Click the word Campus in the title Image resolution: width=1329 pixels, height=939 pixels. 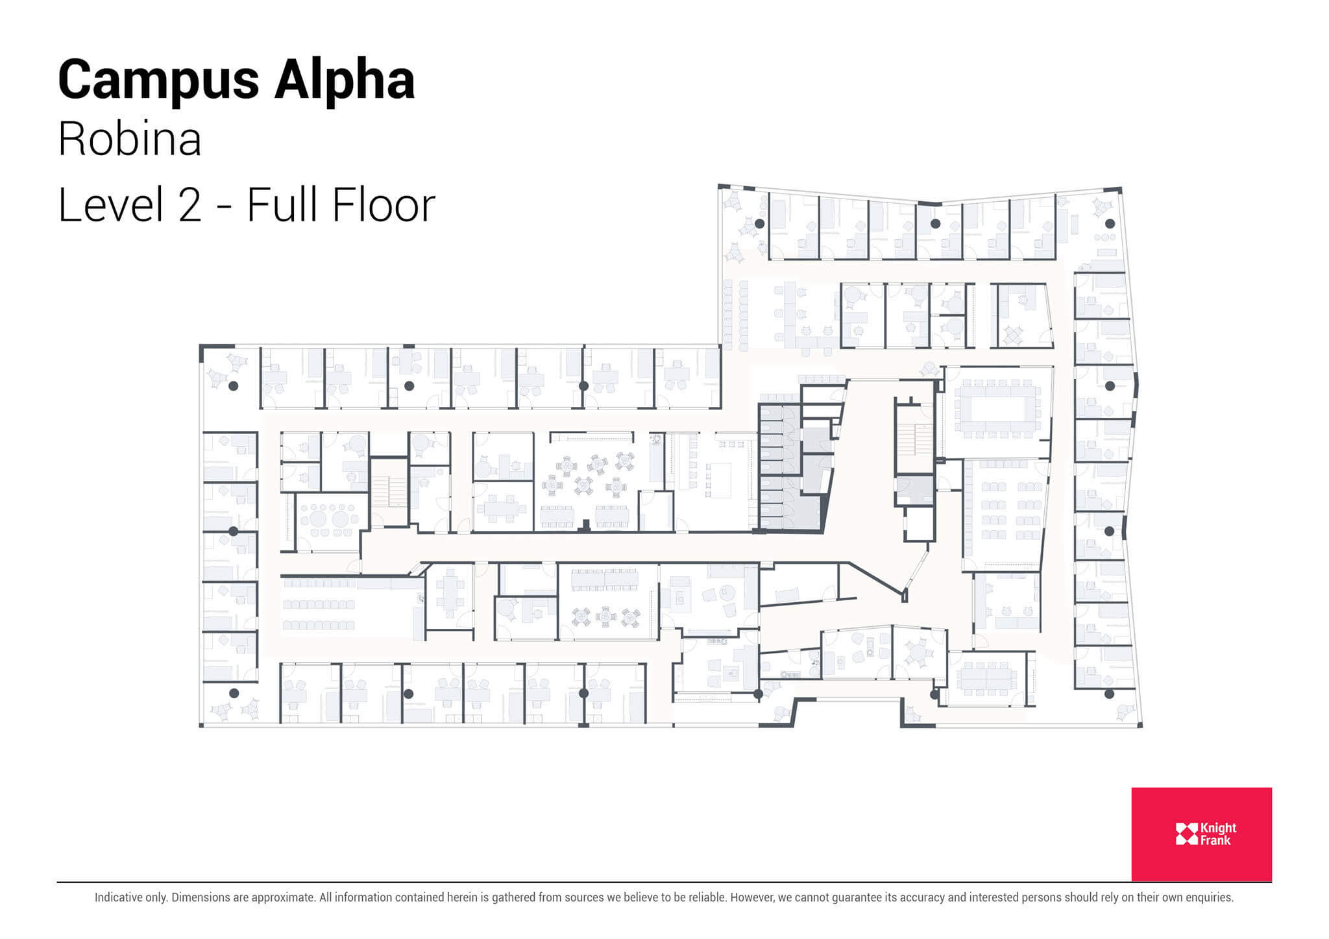tap(158, 81)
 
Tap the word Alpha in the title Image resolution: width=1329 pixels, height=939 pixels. tap(344, 81)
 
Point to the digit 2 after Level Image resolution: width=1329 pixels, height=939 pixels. tap(189, 205)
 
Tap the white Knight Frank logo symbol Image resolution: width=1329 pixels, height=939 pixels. tap(1186, 834)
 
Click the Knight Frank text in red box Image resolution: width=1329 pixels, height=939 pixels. tap(1218, 834)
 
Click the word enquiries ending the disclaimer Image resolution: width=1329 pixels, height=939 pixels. tap(1209, 897)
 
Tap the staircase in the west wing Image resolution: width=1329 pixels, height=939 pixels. tap(389, 492)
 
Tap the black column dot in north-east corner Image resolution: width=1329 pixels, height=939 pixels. tap(1110, 224)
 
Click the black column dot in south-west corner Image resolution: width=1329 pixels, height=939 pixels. tap(234, 693)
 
